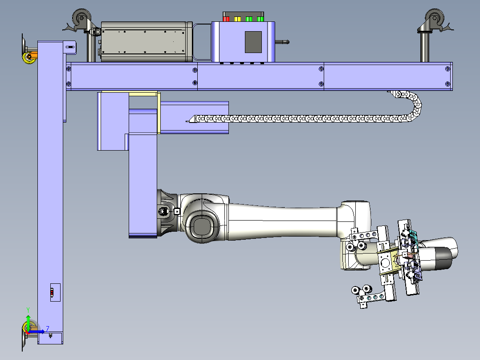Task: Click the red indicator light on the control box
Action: pyautogui.click(x=226, y=19)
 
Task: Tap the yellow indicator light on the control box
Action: pyautogui.click(x=238, y=19)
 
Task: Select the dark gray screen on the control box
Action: pyautogui.click(x=253, y=42)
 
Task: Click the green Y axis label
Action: pyautogui.click(x=28, y=310)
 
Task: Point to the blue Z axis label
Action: pyautogui.click(x=48, y=329)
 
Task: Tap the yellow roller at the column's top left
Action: pyautogui.click(x=29, y=57)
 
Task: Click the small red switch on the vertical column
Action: pyautogui.click(x=52, y=293)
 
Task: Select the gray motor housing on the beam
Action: pyautogui.click(x=146, y=42)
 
